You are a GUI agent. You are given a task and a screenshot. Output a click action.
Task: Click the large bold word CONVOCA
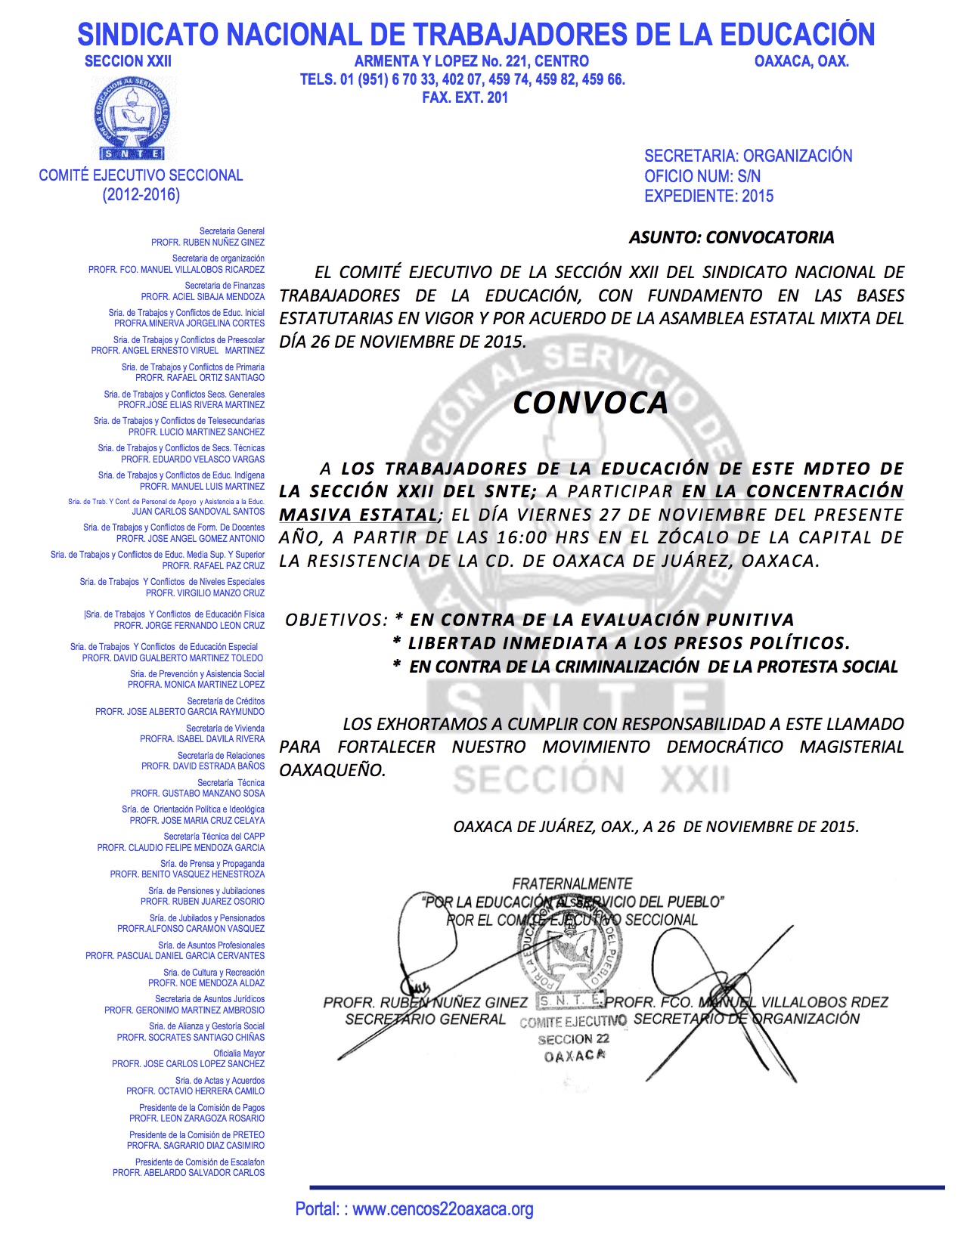pos(590,403)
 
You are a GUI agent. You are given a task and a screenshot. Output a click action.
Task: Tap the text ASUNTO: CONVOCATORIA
pos(731,237)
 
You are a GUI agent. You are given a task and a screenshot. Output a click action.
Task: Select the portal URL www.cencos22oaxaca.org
pos(442,1209)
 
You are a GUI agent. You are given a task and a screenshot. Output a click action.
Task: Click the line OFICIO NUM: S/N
pos(702,176)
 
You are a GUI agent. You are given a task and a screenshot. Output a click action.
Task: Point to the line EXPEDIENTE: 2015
pos(708,196)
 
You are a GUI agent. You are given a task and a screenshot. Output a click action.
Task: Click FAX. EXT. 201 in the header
pos(465,97)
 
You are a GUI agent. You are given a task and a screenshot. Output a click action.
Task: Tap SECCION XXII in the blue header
pos(128,61)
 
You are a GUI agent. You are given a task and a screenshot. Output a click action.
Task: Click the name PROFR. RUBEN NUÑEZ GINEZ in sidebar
pos(208,243)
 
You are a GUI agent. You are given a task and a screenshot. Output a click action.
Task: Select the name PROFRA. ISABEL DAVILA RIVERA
pos(202,739)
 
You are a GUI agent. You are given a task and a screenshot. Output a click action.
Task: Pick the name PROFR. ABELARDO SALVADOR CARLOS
pos(188,1173)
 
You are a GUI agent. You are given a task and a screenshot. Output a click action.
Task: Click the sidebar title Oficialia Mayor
pos(239,1054)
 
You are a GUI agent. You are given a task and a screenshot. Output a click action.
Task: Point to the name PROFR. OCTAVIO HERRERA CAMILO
pos(195,1091)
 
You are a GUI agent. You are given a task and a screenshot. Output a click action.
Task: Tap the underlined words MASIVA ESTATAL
pos(358,515)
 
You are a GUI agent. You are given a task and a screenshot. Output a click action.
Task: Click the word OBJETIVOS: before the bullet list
pos(336,620)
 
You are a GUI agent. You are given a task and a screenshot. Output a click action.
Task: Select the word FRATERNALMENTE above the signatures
pos(572,883)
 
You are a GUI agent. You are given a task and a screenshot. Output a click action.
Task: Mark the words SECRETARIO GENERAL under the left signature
pos(425,1020)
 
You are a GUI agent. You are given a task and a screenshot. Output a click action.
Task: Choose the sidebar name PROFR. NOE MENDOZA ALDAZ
pos(206,983)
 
